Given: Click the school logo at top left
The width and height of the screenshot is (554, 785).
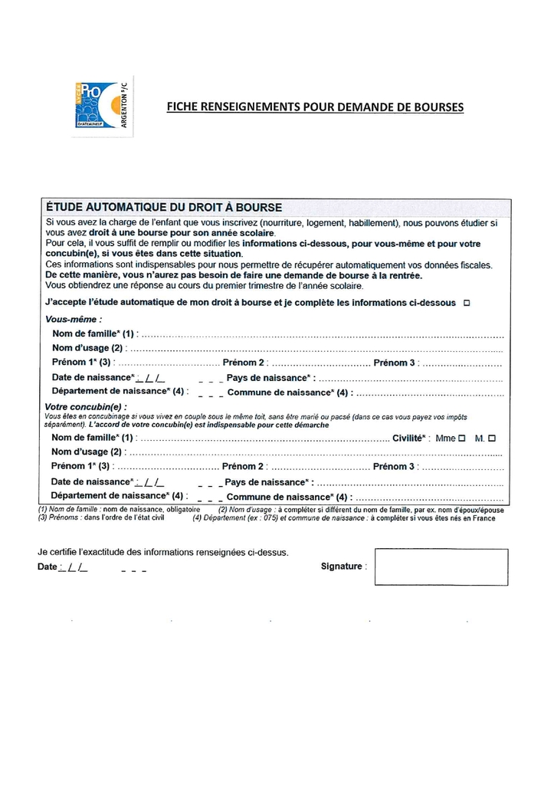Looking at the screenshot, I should click(103, 106).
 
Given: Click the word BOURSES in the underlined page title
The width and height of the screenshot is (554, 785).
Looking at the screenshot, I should click(438, 107).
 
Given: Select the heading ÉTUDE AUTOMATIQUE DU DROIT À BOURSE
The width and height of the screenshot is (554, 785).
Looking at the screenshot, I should click(164, 207).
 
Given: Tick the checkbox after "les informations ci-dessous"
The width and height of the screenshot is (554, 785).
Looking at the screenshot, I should click(467, 303).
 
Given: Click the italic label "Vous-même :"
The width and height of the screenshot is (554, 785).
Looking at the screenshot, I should click(74, 319).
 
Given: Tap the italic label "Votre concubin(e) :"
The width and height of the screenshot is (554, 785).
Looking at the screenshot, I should click(87, 407).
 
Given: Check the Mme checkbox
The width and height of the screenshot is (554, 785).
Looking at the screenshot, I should click(461, 438).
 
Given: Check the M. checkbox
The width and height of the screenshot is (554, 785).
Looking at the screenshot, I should click(491, 438).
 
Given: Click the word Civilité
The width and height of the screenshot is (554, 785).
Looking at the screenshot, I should click(408, 438).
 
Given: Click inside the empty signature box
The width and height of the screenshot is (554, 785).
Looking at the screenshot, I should click(441, 567).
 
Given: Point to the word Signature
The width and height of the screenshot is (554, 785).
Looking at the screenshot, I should click(342, 567).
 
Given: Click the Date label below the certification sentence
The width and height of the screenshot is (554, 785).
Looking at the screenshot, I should click(47, 567).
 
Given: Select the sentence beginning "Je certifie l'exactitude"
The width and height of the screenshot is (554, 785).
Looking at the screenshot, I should click(163, 552).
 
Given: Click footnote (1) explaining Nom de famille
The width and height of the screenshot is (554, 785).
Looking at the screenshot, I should click(119, 510).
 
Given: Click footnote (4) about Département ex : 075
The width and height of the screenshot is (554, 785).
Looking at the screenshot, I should click(342, 518).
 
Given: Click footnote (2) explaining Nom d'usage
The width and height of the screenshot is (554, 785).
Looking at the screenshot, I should click(362, 510).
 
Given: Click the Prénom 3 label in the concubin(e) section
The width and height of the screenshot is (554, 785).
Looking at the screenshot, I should click(394, 466).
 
